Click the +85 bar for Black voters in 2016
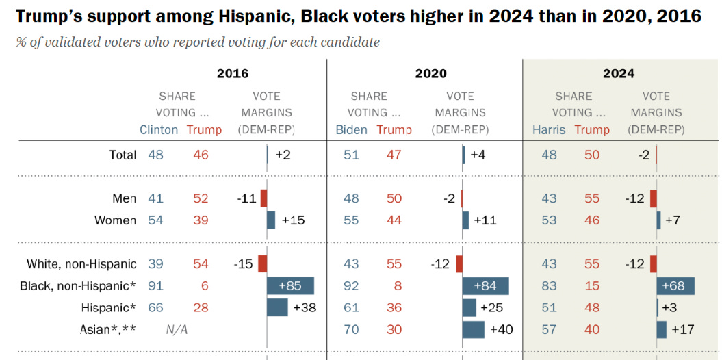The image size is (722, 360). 290,286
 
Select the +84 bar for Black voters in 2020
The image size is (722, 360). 486,286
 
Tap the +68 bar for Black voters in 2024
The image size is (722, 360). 675,286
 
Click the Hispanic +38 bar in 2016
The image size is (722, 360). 277,308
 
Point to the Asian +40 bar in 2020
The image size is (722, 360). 474,330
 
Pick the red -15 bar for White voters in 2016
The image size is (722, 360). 262,264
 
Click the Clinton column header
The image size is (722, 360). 159,130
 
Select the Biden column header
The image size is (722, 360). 351,130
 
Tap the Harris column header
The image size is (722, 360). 550,130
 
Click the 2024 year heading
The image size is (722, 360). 619,74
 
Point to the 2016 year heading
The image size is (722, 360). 233,74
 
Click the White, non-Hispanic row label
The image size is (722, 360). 81,264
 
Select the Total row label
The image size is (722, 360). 123,155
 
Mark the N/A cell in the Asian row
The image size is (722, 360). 177,330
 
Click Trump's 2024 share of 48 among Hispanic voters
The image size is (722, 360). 591,308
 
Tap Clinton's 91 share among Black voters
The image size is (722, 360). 155,286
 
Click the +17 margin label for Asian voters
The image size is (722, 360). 683,330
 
